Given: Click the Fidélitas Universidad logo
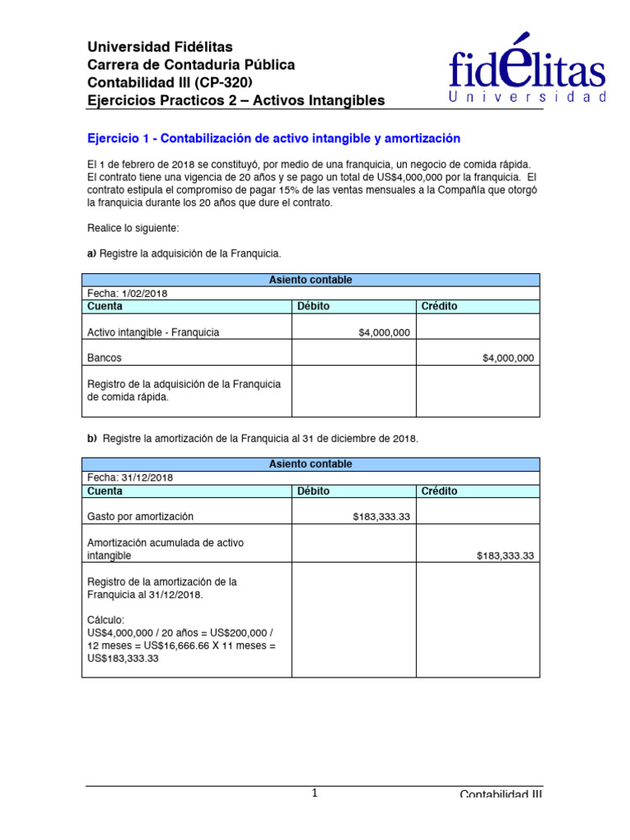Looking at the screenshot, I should tap(527, 71).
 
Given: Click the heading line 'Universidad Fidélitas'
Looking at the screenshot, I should tap(160, 47).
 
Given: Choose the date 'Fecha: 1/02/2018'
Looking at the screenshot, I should tap(127, 293).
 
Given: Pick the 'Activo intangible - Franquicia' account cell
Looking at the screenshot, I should tap(153, 332).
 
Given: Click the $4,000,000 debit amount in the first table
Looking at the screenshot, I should tap(385, 332).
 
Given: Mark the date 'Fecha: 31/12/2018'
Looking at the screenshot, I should tap(130, 477).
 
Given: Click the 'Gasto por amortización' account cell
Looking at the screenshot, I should tap(140, 517).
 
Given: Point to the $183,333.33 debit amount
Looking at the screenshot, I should tap(381, 517).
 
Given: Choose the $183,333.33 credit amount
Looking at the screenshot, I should tap(505, 555).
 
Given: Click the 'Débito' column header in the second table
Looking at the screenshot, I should tap(313, 491).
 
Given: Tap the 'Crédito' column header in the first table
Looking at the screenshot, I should tap(439, 306).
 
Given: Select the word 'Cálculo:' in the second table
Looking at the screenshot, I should tap(107, 620).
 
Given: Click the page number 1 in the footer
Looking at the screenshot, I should tap(314, 792).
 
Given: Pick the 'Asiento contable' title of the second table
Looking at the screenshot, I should tap(311, 464).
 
